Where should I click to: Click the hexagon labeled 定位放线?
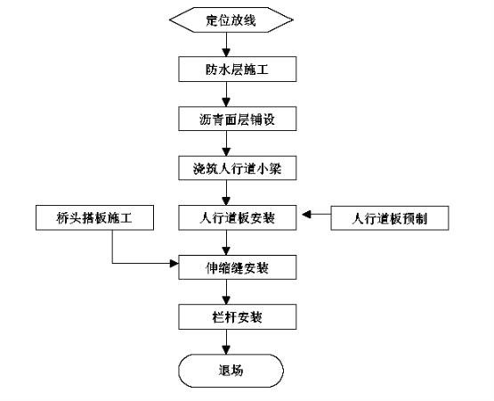(231, 20)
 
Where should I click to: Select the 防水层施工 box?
(238, 70)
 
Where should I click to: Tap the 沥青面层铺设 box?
(238, 119)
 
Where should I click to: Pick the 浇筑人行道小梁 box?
(238, 168)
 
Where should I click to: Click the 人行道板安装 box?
(238, 217)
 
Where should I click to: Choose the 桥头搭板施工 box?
(95, 217)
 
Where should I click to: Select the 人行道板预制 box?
(390, 218)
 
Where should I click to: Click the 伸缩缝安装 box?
(238, 267)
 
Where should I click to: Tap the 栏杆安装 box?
(238, 316)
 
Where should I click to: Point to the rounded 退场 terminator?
(231, 371)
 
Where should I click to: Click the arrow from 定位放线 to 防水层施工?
(226, 45)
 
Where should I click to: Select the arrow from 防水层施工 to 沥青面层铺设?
(226, 94)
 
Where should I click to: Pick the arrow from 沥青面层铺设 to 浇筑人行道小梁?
(226, 143)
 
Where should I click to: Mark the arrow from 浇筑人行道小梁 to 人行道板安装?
(226, 193)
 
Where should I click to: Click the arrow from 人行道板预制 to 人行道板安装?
(317, 215)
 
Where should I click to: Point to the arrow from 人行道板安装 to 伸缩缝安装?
(226, 242)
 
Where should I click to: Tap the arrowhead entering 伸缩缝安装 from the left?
(174, 263)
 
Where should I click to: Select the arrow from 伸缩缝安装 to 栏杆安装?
(226, 291)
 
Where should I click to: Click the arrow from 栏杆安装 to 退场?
(226, 341)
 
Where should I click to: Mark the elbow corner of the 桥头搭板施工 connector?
(112, 263)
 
